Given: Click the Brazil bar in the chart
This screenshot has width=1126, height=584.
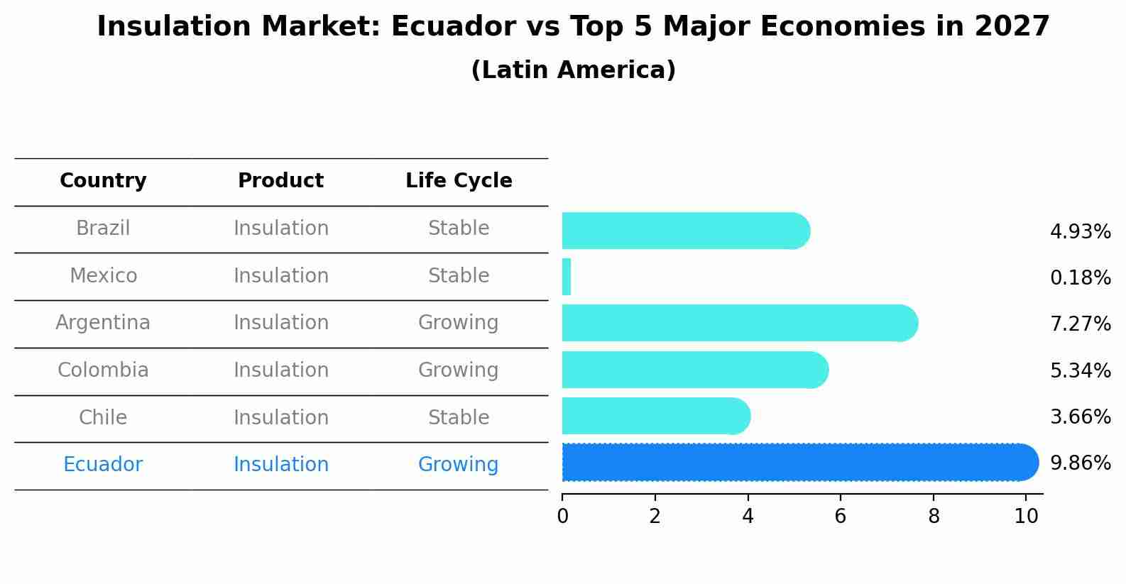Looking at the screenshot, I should coord(685,231).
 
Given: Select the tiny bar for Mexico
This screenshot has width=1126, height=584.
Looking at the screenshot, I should coord(567,277).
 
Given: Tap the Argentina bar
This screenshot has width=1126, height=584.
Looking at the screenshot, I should coord(738,323).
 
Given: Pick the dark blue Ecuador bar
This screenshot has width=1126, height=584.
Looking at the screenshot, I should coord(799,463).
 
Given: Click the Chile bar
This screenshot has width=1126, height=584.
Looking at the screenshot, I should coord(655,416).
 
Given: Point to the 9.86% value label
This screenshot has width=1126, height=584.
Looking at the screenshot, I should coord(1080,463).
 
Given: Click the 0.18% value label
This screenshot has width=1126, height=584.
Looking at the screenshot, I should coord(1080,277).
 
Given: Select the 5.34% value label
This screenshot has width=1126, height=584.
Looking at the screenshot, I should coord(1080,370).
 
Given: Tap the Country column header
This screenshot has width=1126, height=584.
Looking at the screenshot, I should coord(103,181).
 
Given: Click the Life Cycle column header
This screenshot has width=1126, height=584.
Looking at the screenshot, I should coord(459,181).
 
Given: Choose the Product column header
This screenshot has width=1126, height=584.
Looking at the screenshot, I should coord(280,181).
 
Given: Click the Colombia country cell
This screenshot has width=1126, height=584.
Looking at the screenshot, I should coord(103,370).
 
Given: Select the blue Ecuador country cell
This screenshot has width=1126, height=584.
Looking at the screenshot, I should coord(103,465).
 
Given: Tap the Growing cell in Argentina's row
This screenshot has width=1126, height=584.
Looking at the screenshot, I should coord(458,323).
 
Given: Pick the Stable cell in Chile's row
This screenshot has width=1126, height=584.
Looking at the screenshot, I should coord(458,417).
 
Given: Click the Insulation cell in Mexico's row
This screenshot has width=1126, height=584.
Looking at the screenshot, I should coord(280,276).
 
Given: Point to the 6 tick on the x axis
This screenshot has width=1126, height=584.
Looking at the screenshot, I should coord(840,516).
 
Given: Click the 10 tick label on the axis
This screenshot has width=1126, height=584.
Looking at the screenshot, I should coord(1026,516).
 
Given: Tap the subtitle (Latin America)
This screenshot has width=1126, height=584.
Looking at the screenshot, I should coord(573,70).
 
